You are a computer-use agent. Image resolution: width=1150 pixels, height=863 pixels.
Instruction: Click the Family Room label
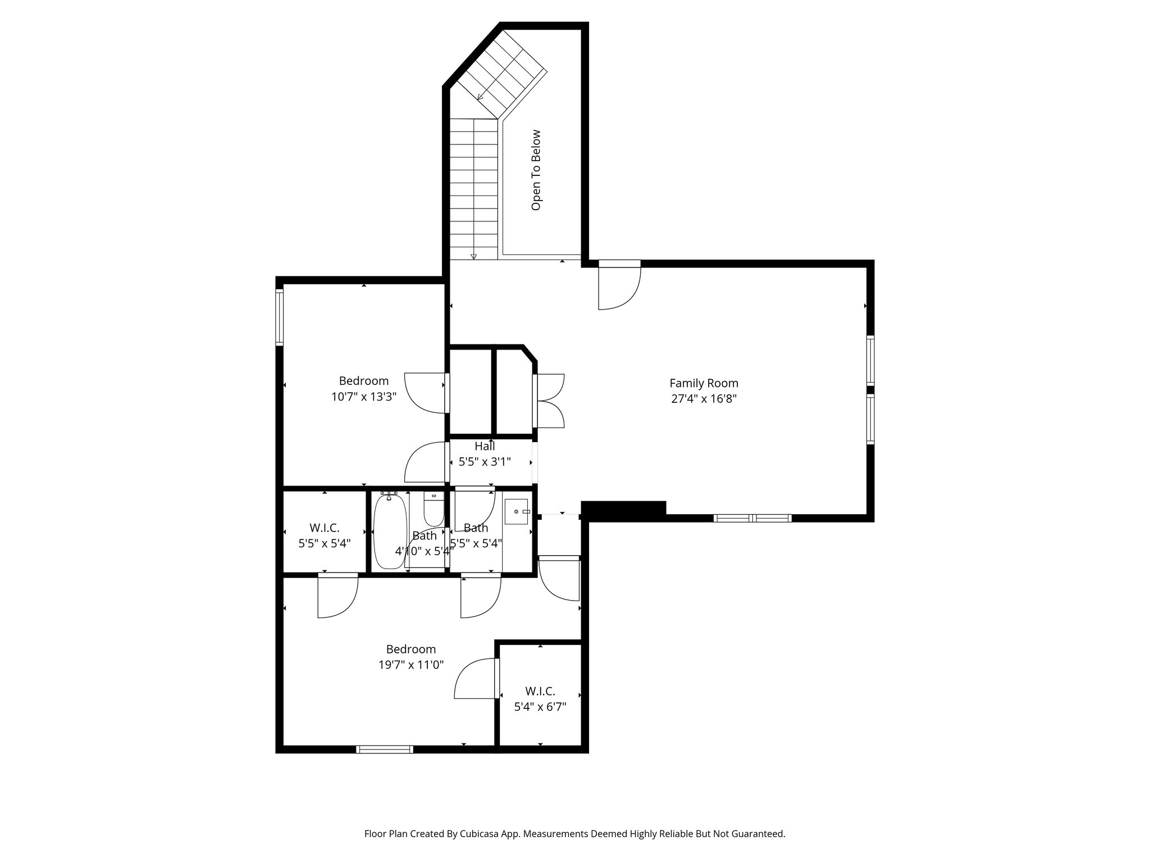(x=703, y=383)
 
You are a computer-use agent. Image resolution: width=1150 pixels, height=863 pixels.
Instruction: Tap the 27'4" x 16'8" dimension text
(x=703, y=399)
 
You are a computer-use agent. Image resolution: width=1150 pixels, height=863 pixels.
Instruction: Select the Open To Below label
(x=536, y=170)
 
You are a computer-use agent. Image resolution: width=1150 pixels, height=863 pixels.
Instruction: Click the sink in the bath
(x=517, y=512)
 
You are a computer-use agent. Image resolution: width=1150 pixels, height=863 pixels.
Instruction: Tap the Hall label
(x=485, y=446)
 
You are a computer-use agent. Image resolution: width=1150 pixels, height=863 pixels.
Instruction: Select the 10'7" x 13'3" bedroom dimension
(x=364, y=397)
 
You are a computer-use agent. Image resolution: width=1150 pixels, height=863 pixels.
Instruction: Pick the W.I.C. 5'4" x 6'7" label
(x=540, y=699)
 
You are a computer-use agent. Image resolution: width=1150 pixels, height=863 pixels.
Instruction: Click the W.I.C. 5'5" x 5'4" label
(x=325, y=535)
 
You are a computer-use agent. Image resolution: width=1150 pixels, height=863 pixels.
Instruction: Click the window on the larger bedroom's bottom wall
(x=385, y=749)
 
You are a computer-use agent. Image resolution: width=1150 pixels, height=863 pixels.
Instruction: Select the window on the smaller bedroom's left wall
(x=279, y=316)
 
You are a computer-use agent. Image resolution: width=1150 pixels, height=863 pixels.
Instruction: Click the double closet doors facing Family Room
(x=550, y=401)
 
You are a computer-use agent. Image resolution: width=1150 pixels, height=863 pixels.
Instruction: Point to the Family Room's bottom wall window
(x=752, y=518)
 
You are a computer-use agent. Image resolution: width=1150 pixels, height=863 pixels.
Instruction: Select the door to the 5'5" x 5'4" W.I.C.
(x=337, y=596)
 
